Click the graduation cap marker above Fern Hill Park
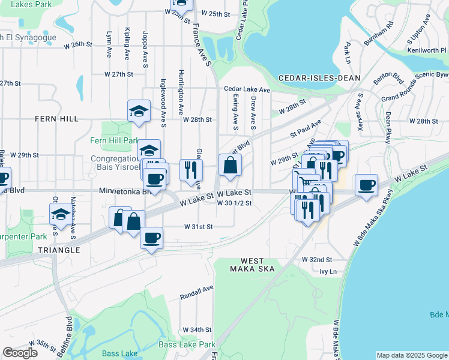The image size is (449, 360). pyautogui.click(x=139, y=111)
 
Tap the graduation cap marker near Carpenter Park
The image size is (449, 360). pyautogui.click(x=60, y=215)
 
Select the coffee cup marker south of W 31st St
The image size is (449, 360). pyautogui.click(x=151, y=238)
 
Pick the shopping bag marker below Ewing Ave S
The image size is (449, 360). pyautogui.click(x=230, y=165)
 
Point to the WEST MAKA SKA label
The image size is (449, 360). pyautogui.click(x=258, y=265)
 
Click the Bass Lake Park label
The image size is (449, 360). pyautogui.click(x=187, y=344)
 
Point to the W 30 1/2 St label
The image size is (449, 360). pyautogui.click(x=234, y=203)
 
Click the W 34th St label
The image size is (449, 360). pyautogui.click(x=197, y=329)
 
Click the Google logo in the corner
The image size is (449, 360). pyautogui.click(x=20, y=353)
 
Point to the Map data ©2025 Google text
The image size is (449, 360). pyautogui.click(x=412, y=355)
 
